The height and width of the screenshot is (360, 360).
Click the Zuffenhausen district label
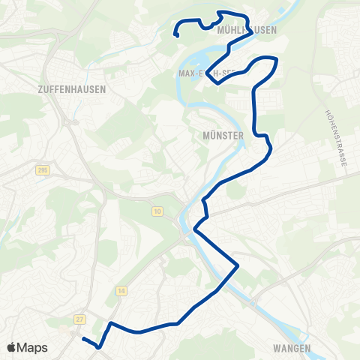71,88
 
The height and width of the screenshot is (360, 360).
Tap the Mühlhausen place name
246,31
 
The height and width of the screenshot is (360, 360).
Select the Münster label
223,136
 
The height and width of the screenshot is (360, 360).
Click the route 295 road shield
41,171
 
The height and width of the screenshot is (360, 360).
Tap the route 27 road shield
79,319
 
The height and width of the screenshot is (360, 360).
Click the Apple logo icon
11,347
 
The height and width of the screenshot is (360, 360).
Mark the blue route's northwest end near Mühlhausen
176,36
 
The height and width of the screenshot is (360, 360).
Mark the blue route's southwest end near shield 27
82,339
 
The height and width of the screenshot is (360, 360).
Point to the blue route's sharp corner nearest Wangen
238,265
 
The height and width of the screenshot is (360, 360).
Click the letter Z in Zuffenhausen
37,88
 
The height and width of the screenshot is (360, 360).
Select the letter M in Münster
205,136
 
